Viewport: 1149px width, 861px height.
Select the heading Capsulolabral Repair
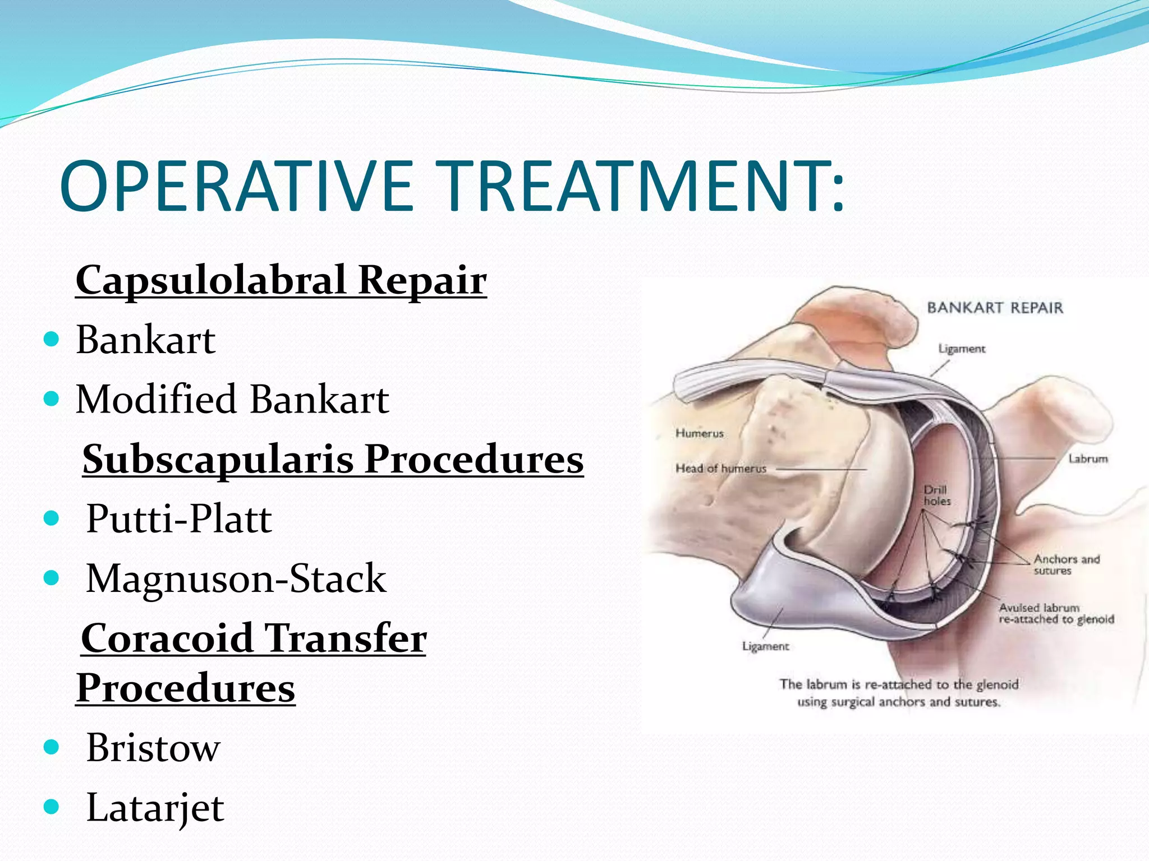(x=281, y=280)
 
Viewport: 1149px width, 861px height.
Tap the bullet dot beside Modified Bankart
(x=51, y=399)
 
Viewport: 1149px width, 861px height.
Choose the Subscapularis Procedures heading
(x=333, y=460)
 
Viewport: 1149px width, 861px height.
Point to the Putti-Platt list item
(x=179, y=519)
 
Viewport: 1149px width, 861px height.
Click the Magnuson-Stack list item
(x=236, y=578)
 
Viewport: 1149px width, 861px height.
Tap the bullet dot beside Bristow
(x=51, y=747)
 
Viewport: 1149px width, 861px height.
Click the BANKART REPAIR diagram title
(x=995, y=308)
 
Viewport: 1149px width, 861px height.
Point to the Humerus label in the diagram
(x=700, y=433)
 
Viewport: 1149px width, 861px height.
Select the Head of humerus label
(x=721, y=468)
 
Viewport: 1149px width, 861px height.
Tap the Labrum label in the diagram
(x=1088, y=459)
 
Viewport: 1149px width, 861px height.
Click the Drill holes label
(x=937, y=496)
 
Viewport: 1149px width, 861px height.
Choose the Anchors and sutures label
(x=1067, y=564)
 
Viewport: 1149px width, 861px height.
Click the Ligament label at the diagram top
(x=962, y=349)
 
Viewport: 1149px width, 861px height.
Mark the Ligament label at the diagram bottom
(x=765, y=646)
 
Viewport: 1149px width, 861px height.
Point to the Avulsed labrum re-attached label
(x=1056, y=613)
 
